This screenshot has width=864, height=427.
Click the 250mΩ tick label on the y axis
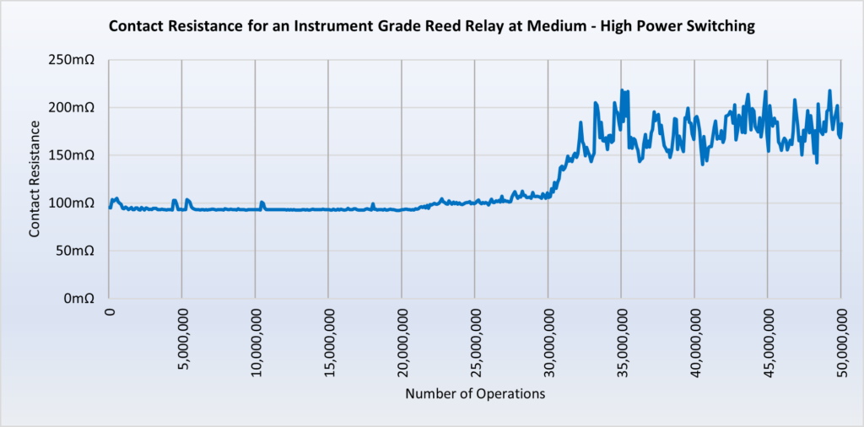(x=75, y=60)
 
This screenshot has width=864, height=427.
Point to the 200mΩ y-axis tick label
(x=75, y=108)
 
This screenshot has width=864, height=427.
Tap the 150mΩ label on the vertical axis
(x=75, y=155)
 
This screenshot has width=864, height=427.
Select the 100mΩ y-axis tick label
(x=75, y=203)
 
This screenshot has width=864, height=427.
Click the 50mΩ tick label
(x=78, y=251)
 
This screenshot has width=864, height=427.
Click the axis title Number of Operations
(x=475, y=394)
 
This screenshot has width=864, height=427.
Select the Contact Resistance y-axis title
(x=35, y=178)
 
